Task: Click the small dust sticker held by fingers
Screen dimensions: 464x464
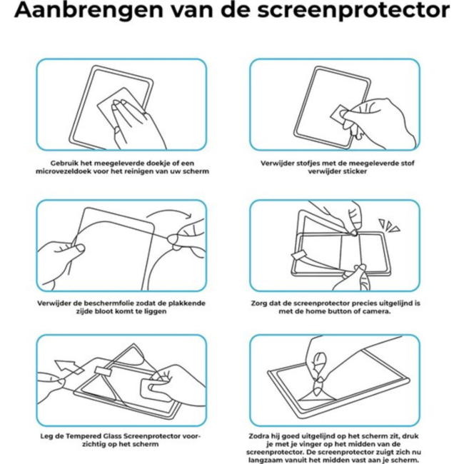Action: (340, 111)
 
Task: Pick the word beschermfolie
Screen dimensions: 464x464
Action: (99, 303)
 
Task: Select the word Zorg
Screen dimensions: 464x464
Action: (258, 303)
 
